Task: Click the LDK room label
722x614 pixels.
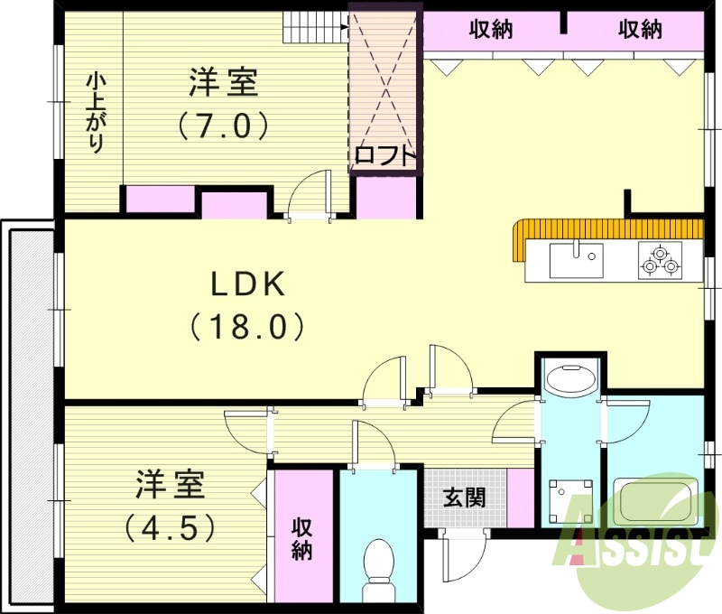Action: (247, 285)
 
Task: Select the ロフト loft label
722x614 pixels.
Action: (386, 155)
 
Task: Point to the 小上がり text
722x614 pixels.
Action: (94, 114)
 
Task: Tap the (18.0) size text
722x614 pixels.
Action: (247, 326)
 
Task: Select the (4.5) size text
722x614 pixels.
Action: (171, 526)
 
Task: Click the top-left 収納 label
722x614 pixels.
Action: (491, 30)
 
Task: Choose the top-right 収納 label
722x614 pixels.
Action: (640, 30)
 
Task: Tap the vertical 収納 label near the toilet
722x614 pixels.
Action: (301, 539)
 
